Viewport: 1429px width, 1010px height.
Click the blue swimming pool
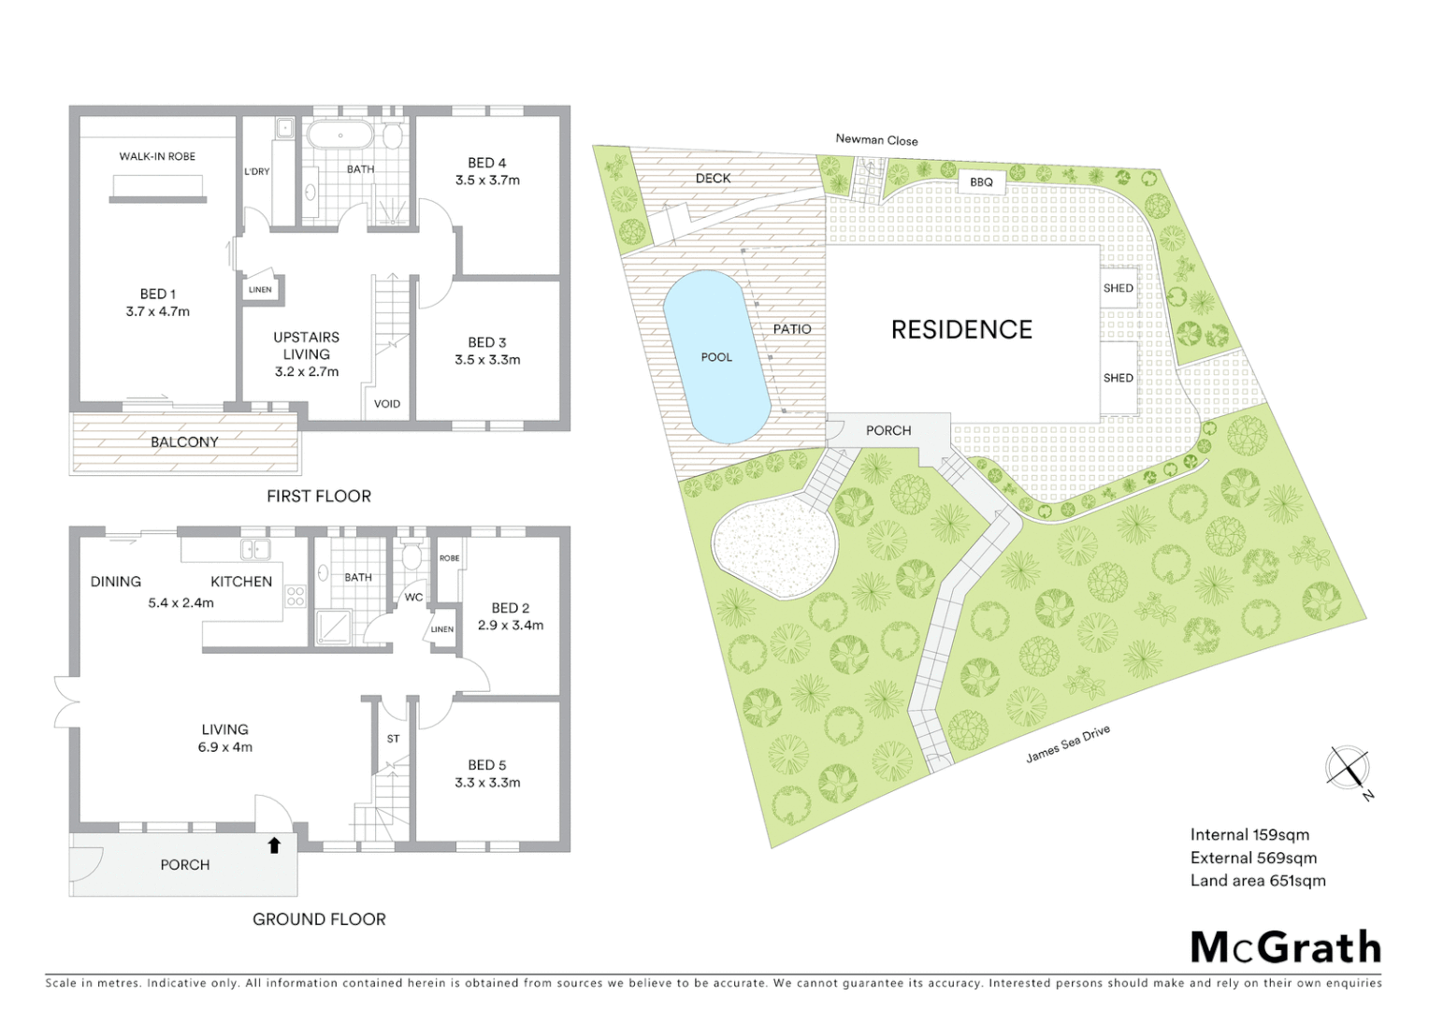(x=716, y=356)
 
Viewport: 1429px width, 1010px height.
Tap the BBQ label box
(x=981, y=182)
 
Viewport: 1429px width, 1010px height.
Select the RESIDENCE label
(x=961, y=330)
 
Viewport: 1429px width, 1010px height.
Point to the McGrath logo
(x=1285, y=947)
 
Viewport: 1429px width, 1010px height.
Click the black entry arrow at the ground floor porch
(x=274, y=845)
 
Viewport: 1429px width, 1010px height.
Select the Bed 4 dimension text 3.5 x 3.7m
(x=487, y=180)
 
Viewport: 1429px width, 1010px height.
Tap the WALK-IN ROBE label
(x=157, y=156)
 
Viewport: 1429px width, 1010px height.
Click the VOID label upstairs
(x=387, y=404)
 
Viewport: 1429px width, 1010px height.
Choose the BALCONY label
(x=184, y=442)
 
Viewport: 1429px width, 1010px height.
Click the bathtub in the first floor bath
(x=340, y=136)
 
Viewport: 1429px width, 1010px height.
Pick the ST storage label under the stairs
(x=393, y=739)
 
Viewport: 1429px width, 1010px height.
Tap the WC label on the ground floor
(x=413, y=598)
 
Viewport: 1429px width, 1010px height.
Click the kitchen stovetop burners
(x=296, y=596)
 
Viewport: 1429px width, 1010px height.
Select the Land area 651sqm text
(x=1258, y=881)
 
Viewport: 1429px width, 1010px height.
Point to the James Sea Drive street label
(x=1068, y=743)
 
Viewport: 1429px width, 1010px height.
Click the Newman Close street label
(x=876, y=140)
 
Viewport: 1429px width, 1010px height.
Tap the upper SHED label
(x=1118, y=288)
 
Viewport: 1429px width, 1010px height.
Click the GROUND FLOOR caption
(x=319, y=919)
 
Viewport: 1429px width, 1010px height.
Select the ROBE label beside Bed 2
(x=450, y=558)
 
